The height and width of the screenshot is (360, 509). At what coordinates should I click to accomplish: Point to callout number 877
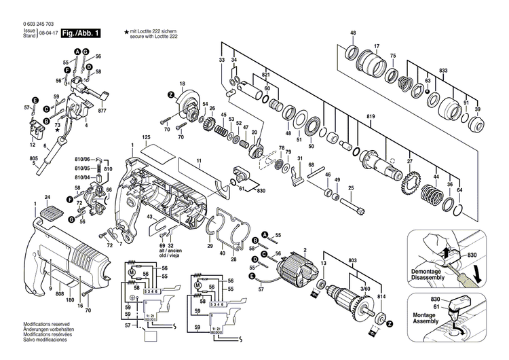pyautogui.click(x=102, y=110)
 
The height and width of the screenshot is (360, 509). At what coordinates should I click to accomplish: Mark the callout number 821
pyautogui.click(x=266, y=75)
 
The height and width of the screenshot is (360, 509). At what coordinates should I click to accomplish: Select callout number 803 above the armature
pyautogui.click(x=352, y=259)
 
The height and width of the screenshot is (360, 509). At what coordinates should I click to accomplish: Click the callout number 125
pyautogui.click(x=145, y=138)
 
